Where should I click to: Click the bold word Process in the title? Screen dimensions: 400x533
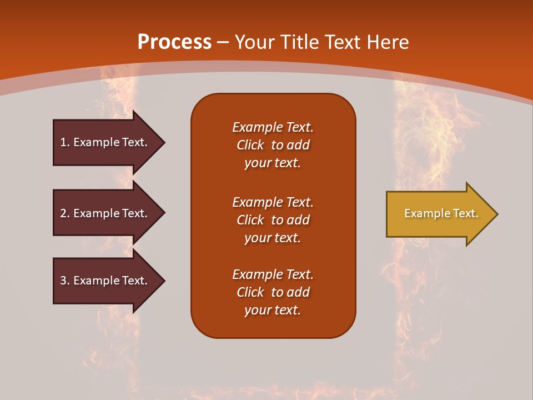(x=174, y=42)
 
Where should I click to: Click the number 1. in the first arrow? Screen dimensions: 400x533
(x=64, y=142)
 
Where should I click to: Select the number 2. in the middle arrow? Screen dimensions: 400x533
(x=64, y=213)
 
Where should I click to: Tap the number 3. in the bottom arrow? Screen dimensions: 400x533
(x=64, y=281)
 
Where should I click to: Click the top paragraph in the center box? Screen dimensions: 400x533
(x=273, y=145)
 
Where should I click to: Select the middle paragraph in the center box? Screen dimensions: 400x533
(x=273, y=220)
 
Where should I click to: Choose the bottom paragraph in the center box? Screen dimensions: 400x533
(x=273, y=292)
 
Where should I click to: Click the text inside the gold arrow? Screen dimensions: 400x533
(x=441, y=213)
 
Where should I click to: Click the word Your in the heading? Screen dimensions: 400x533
(x=254, y=42)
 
